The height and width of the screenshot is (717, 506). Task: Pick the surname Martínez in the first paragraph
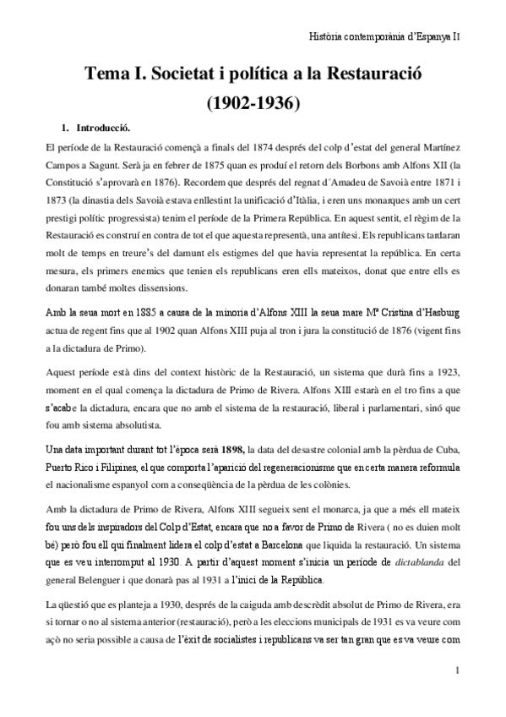pos(440,148)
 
